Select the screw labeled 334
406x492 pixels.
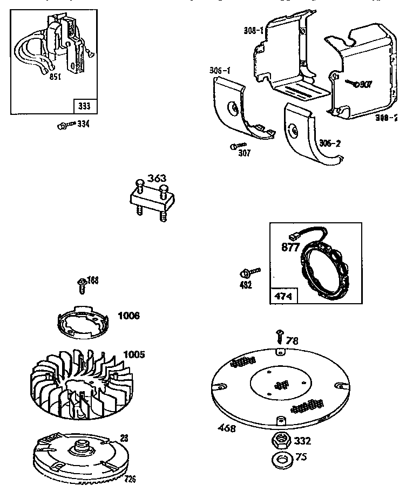(63, 126)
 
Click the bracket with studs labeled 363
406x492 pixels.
(150, 202)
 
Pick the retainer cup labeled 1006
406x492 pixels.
(82, 325)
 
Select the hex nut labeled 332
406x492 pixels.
(279, 440)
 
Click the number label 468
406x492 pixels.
(227, 428)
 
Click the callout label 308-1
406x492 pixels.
(253, 31)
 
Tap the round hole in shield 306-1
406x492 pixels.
(234, 109)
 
